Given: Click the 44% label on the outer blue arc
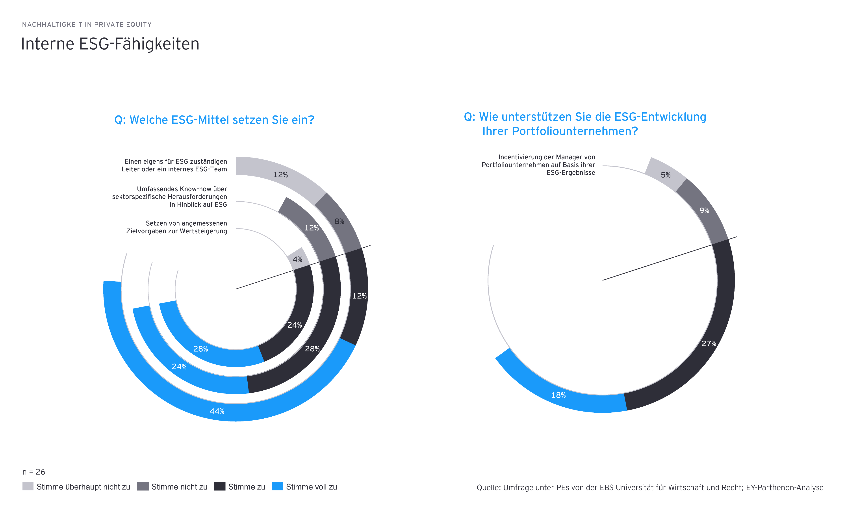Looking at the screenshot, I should point(217,411).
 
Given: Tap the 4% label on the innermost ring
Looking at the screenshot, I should point(297,260).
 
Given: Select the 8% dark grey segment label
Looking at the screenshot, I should point(339,221).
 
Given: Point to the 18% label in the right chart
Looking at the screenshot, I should point(558,395).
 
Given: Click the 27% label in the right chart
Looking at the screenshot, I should point(709,343).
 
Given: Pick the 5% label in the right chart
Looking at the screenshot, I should point(665,175).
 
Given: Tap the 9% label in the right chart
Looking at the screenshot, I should point(704,210).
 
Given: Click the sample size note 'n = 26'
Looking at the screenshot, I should point(34,472).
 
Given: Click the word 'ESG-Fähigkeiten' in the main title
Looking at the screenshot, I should point(139,44).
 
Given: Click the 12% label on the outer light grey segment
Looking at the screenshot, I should point(280,175).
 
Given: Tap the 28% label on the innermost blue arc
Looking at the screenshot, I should point(200,349).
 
